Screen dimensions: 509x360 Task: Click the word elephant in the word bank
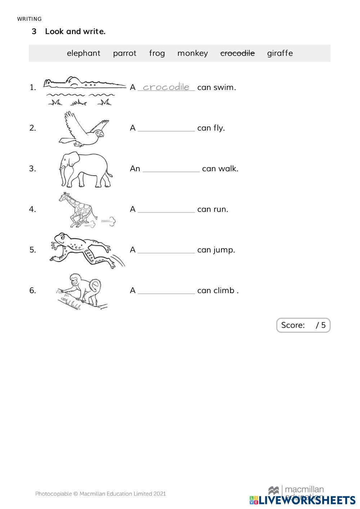(x=84, y=53)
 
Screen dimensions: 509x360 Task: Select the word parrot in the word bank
(x=125, y=53)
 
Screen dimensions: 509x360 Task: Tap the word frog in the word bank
(x=157, y=53)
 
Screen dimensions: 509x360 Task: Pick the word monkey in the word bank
(x=193, y=53)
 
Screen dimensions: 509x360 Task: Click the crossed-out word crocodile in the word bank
(x=237, y=53)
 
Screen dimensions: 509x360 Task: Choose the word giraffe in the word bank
(x=280, y=53)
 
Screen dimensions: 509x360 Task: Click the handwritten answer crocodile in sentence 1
(x=166, y=87)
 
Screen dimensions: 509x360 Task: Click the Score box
(x=303, y=325)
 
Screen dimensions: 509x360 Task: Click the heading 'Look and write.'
(x=75, y=32)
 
